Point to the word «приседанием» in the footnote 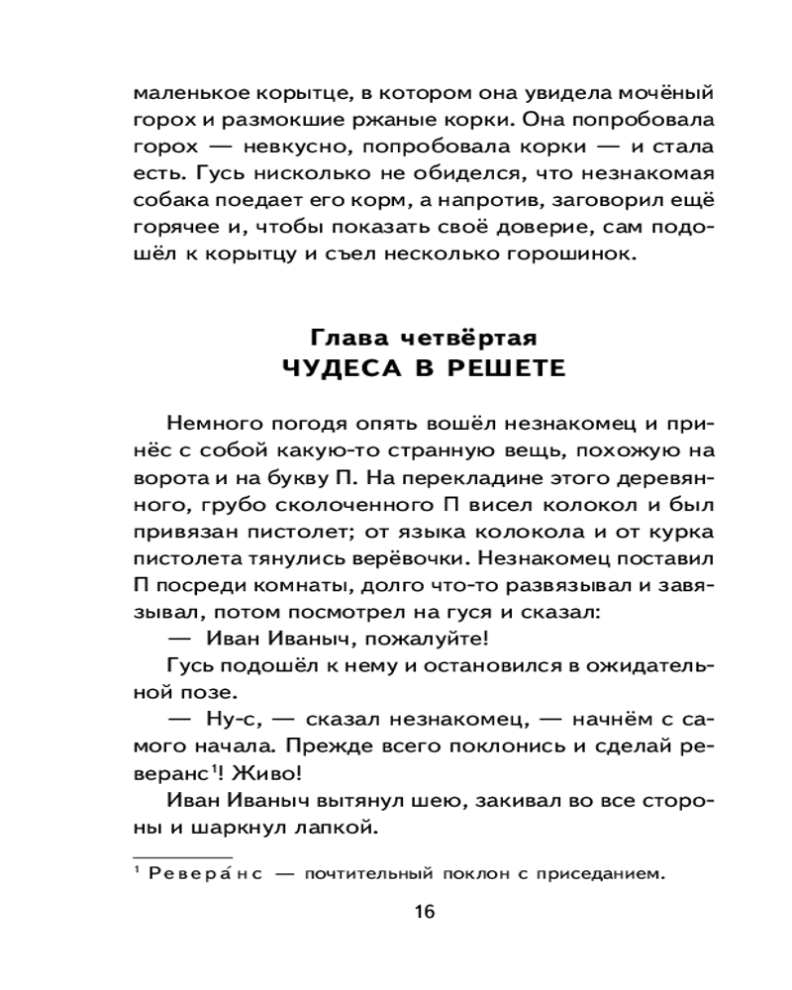point(591,873)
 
